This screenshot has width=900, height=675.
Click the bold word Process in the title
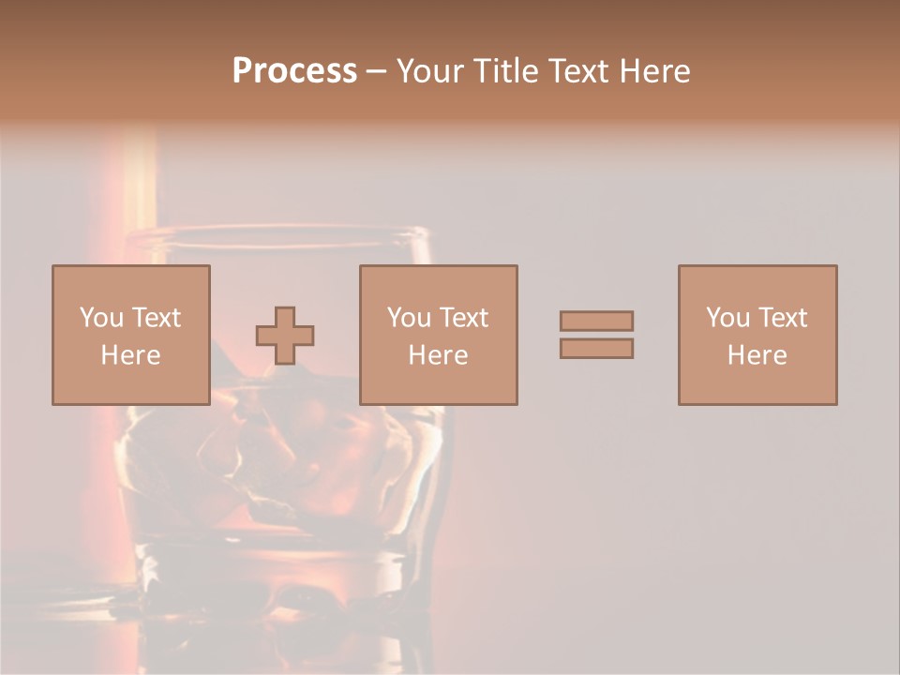point(294,71)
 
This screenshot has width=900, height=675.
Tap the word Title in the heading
point(504,71)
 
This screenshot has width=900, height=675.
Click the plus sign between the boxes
point(285,336)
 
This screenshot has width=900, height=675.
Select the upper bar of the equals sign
point(596,321)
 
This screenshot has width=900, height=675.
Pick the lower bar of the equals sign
point(596,349)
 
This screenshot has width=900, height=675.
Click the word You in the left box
point(101,318)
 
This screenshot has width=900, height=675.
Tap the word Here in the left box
point(130,355)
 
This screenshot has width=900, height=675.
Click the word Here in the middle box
point(438,355)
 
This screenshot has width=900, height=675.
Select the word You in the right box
point(727,318)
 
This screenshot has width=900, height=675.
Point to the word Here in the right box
point(757,355)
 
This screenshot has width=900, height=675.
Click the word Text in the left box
point(156,318)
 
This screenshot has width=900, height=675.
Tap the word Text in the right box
point(782,318)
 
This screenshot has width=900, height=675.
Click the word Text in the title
point(574,71)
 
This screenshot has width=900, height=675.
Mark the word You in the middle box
point(409,318)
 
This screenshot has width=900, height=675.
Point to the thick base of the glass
point(281,572)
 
